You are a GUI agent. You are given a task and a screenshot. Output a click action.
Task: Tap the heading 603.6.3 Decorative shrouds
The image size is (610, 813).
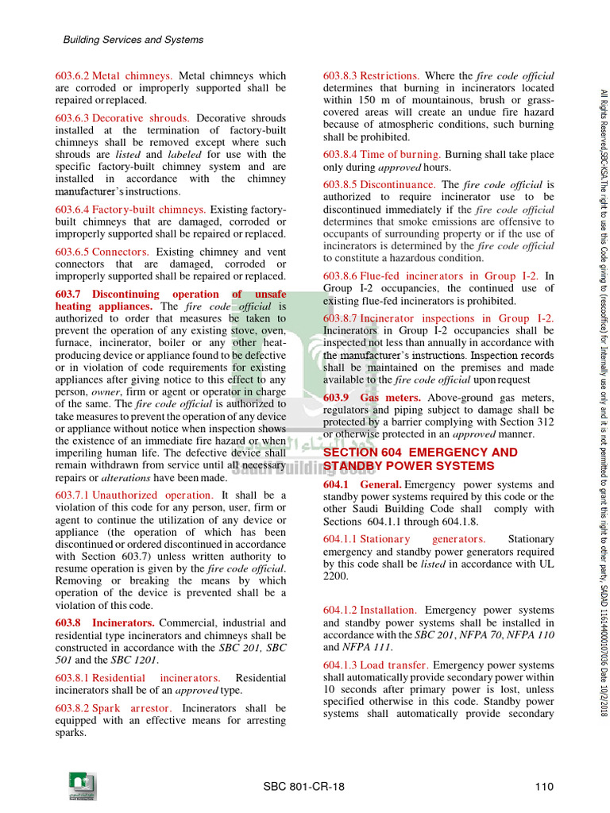tap(122, 118)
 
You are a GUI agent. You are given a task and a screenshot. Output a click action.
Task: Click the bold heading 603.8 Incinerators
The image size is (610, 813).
tap(105, 623)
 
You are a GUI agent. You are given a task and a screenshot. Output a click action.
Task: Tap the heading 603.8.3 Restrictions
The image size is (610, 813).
tap(371, 76)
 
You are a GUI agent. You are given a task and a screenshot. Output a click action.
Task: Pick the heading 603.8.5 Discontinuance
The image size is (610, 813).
tap(379, 184)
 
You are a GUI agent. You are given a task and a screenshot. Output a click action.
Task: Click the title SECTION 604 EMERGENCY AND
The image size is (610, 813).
tap(419, 453)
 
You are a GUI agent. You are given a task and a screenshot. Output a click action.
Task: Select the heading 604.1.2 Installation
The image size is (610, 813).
tap(369, 611)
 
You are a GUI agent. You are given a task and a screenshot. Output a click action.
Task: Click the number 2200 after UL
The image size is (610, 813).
tap(335, 576)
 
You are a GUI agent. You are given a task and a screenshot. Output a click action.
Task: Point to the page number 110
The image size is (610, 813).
tap(543, 787)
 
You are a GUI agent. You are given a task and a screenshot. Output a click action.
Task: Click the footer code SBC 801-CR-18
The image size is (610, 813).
tap(304, 787)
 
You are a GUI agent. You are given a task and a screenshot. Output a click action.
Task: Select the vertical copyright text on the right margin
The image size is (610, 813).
tap(603, 357)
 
